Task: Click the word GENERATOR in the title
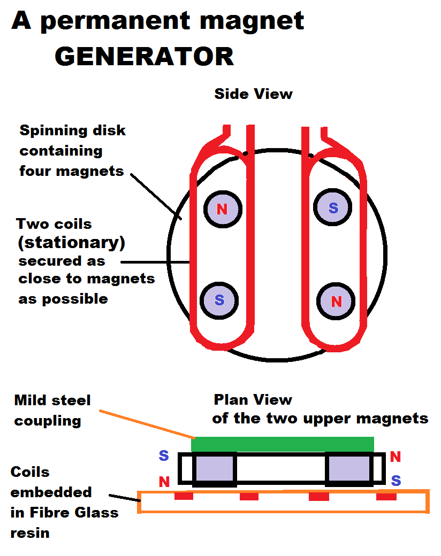[x=145, y=56]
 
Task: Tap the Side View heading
[x=253, y=94]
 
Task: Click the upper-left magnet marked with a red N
[x=222, y=209]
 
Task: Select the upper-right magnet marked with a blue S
[x=333, y=208]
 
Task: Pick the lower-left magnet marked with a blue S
[x=219, y=300]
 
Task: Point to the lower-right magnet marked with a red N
[x=336, y=302]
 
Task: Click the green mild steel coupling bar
[x=283, y=444]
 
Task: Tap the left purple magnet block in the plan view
[x=214, y=469]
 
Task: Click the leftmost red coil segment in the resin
[x=184, y=497]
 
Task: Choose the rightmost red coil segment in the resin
[x=386, y=497]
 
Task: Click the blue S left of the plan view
[x=164, y=456]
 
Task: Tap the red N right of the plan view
[x=396, y=457]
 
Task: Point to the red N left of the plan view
[x=164, y=482]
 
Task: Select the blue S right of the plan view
[x=396, y=481]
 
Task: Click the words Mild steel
[x=52, y=400]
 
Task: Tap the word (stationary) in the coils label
[x=71, y=243]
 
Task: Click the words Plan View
[x=253, y=399]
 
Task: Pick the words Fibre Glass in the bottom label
[x=64, y=512]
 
